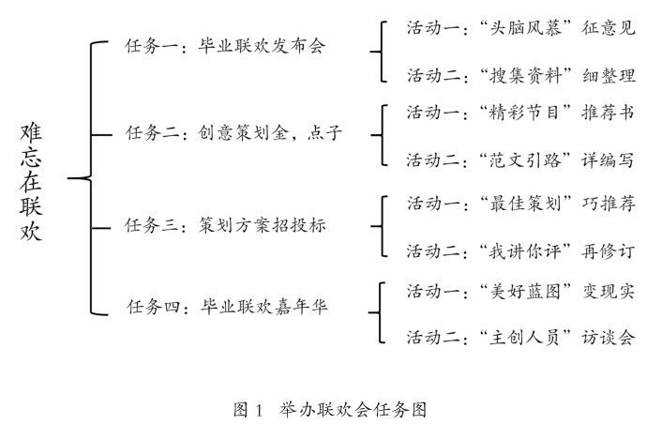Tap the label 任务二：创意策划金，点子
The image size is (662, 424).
point(234,134)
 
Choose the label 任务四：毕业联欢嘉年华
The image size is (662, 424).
point(228,306)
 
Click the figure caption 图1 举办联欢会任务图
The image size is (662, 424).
point(330,410)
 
